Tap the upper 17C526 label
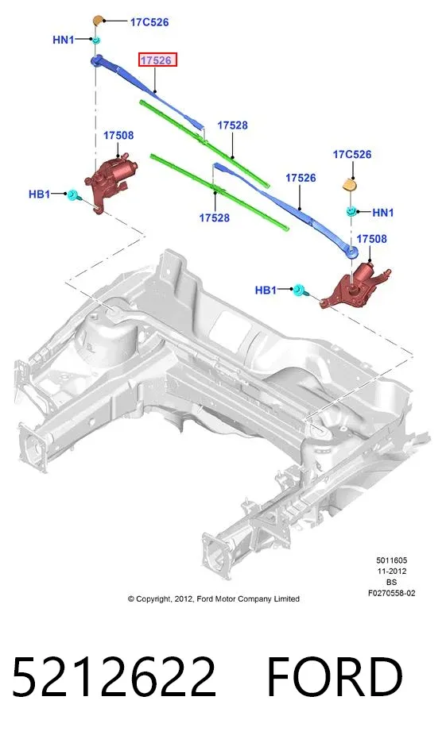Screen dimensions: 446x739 (149, 21)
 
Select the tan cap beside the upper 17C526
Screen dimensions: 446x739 (98, 21)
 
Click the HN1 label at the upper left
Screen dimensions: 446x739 (64, 40)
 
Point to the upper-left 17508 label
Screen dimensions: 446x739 (118, 135)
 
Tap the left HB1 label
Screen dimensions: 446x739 (40, 194)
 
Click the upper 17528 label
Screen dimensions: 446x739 (232, 125)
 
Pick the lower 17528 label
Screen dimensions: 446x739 (215, 217)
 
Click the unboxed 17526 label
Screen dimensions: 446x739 (301, 178)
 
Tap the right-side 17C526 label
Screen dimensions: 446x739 (352, 154)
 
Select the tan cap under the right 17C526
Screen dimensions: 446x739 (349, 184)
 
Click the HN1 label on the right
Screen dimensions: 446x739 (382, 213)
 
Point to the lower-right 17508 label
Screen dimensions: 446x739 (371, 238)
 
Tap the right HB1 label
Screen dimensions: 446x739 (266, 290)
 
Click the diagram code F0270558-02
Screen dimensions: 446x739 (392, 593)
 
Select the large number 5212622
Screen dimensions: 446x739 (114, 676)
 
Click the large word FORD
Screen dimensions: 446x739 (335, 676)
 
